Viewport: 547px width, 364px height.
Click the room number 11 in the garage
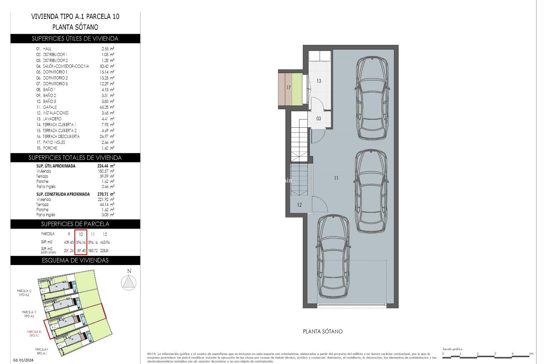click(x=336, y=178)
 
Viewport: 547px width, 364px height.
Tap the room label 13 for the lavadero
click(x=319, y=81)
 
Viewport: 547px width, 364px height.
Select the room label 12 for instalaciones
click(x=299, y=205)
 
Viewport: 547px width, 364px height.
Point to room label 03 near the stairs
click(x=319, y=119)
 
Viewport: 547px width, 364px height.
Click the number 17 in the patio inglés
click(x=288, y=88)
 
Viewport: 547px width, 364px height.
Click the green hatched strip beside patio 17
click(x=297, y=89)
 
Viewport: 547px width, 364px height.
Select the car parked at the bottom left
click(x=333, y=256)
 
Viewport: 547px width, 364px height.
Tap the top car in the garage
click(x=372, y=98)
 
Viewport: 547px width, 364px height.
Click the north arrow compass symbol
click(x=128, y=283)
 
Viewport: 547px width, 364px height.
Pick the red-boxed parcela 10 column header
click(x=81, y=234)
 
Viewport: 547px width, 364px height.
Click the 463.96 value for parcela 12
click(x=105, y=243)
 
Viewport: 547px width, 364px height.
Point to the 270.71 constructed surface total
click(x=106, y=194)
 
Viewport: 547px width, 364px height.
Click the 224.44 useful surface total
click(x=106, y=166)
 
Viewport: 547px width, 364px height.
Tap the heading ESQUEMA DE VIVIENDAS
click(x=75, y=260)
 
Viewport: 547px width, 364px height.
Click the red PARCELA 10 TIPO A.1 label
click(x=34, y=334)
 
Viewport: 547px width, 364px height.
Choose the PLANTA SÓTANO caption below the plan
click(x=323, y=332)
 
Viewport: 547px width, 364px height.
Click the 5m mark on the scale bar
click(x=531, y=354)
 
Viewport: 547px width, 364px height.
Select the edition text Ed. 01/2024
click(x=23, y=360)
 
